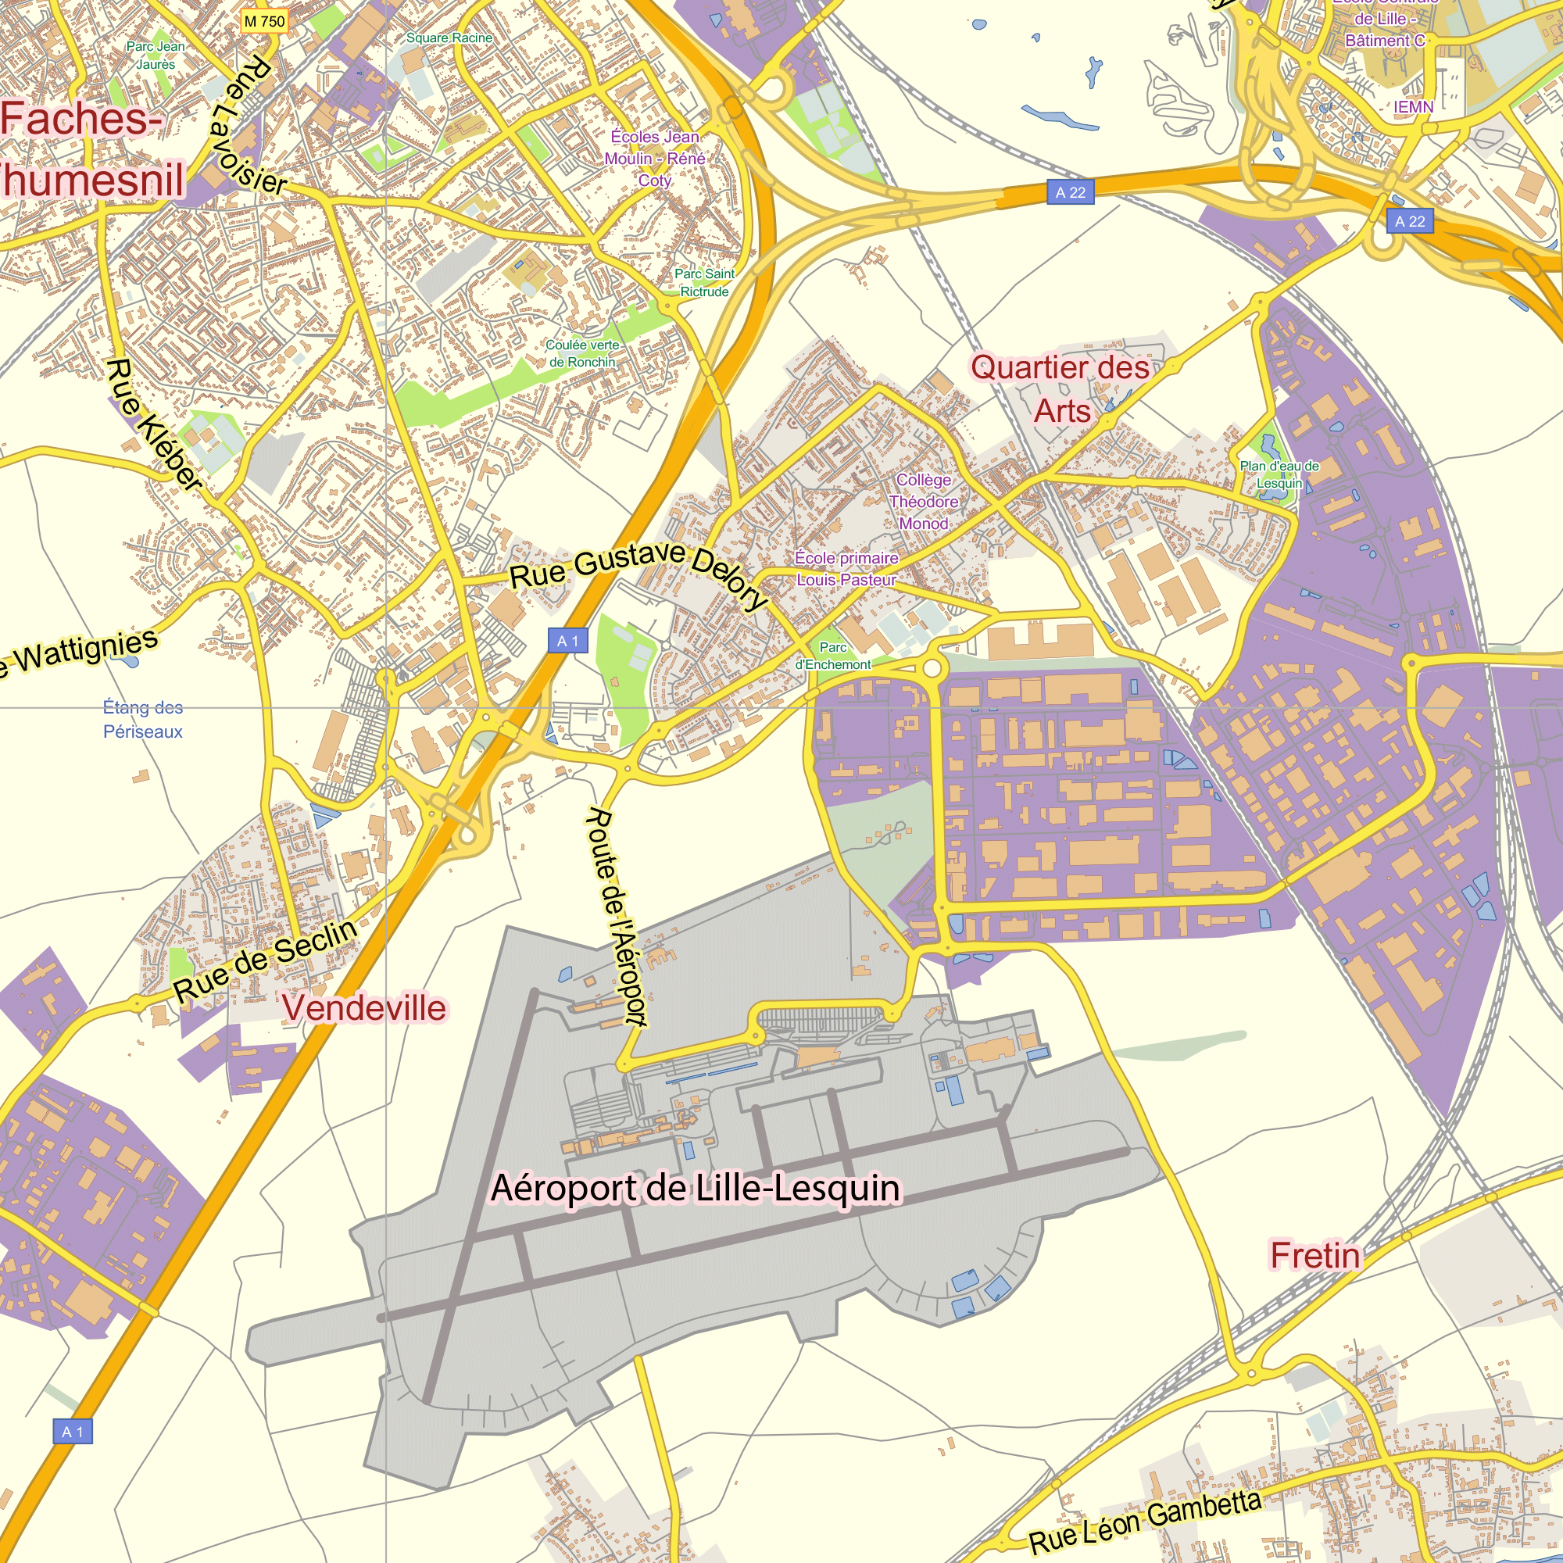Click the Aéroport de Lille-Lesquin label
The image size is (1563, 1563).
tap(696, 1189)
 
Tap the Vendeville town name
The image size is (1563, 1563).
tap(364, 1008)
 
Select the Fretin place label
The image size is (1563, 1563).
tap(1315, 1256)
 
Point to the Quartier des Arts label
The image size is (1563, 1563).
tap(1060, 389)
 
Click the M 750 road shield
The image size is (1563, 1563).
tap(265, 21)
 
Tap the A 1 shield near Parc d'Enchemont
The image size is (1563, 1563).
tap(568, 641)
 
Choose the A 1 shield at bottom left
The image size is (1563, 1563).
tap(73, 1431)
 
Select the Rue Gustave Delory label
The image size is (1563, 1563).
tap(639, 573)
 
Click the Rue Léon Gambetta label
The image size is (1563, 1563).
tap(1145, 1522)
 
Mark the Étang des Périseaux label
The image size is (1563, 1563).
tap(142, 719)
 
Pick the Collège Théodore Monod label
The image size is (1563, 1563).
tap(924, 502)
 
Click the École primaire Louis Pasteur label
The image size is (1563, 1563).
tap(846, 569)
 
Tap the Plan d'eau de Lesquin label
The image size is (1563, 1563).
tap(1279, 475)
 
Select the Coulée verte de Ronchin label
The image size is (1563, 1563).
tap(582, 353)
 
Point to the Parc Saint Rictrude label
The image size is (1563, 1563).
tap(704, 282)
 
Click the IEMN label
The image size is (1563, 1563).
tap(1413, 107)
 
